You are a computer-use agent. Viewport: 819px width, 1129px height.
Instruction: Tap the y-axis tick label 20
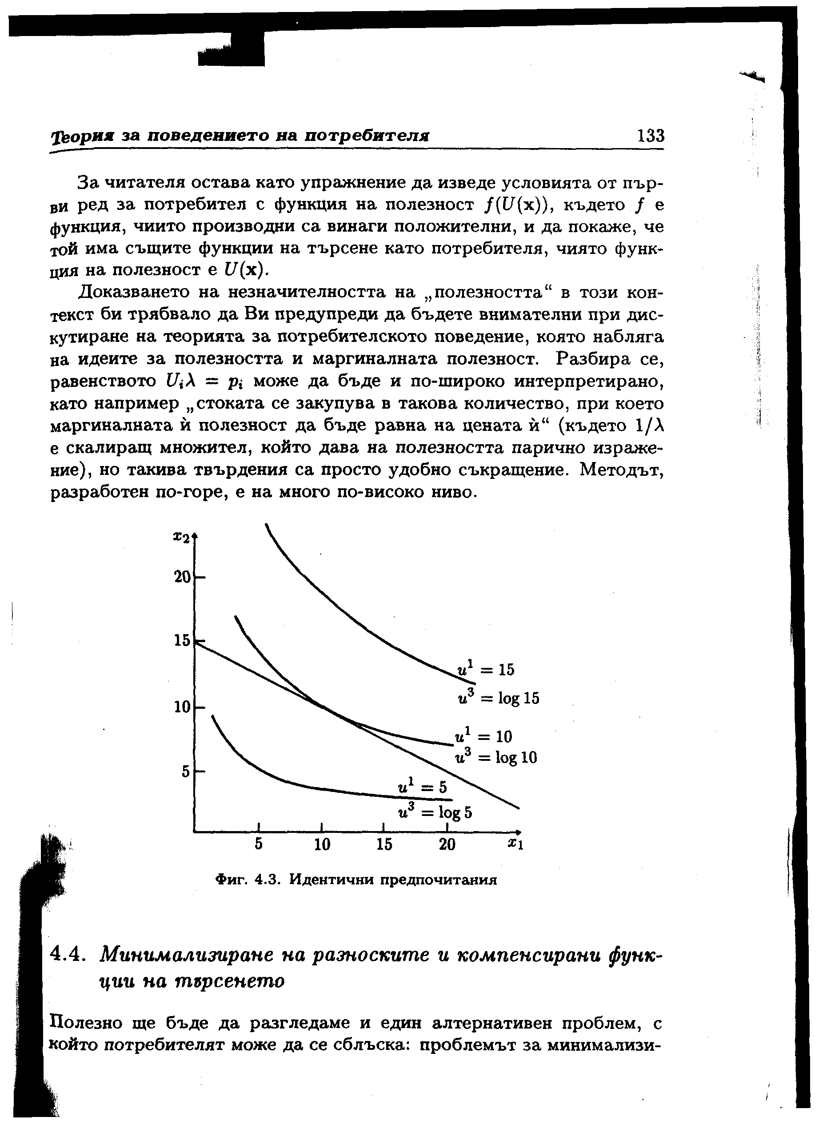coord(182,578)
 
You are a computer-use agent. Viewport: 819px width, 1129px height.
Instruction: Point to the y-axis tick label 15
coord(182,640)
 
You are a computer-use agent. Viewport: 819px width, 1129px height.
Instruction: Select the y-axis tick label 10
coord(182,707)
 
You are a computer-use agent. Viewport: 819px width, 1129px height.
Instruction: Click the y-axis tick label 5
coord(186,771)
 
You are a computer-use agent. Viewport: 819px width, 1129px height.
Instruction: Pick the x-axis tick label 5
coord(259,844)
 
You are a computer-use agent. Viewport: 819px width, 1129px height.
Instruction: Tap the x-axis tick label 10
coord(322,844)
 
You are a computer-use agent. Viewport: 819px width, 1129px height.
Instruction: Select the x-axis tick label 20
coord(447,844)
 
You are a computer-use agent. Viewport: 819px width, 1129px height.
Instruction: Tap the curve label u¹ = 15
coord(486,670)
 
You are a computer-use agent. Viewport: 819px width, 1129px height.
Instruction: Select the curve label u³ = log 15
coord(498,698)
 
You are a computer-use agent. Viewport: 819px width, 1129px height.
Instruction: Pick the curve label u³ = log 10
coord(496,758)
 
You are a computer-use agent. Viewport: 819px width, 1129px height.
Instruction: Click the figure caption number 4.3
coord(265,880)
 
